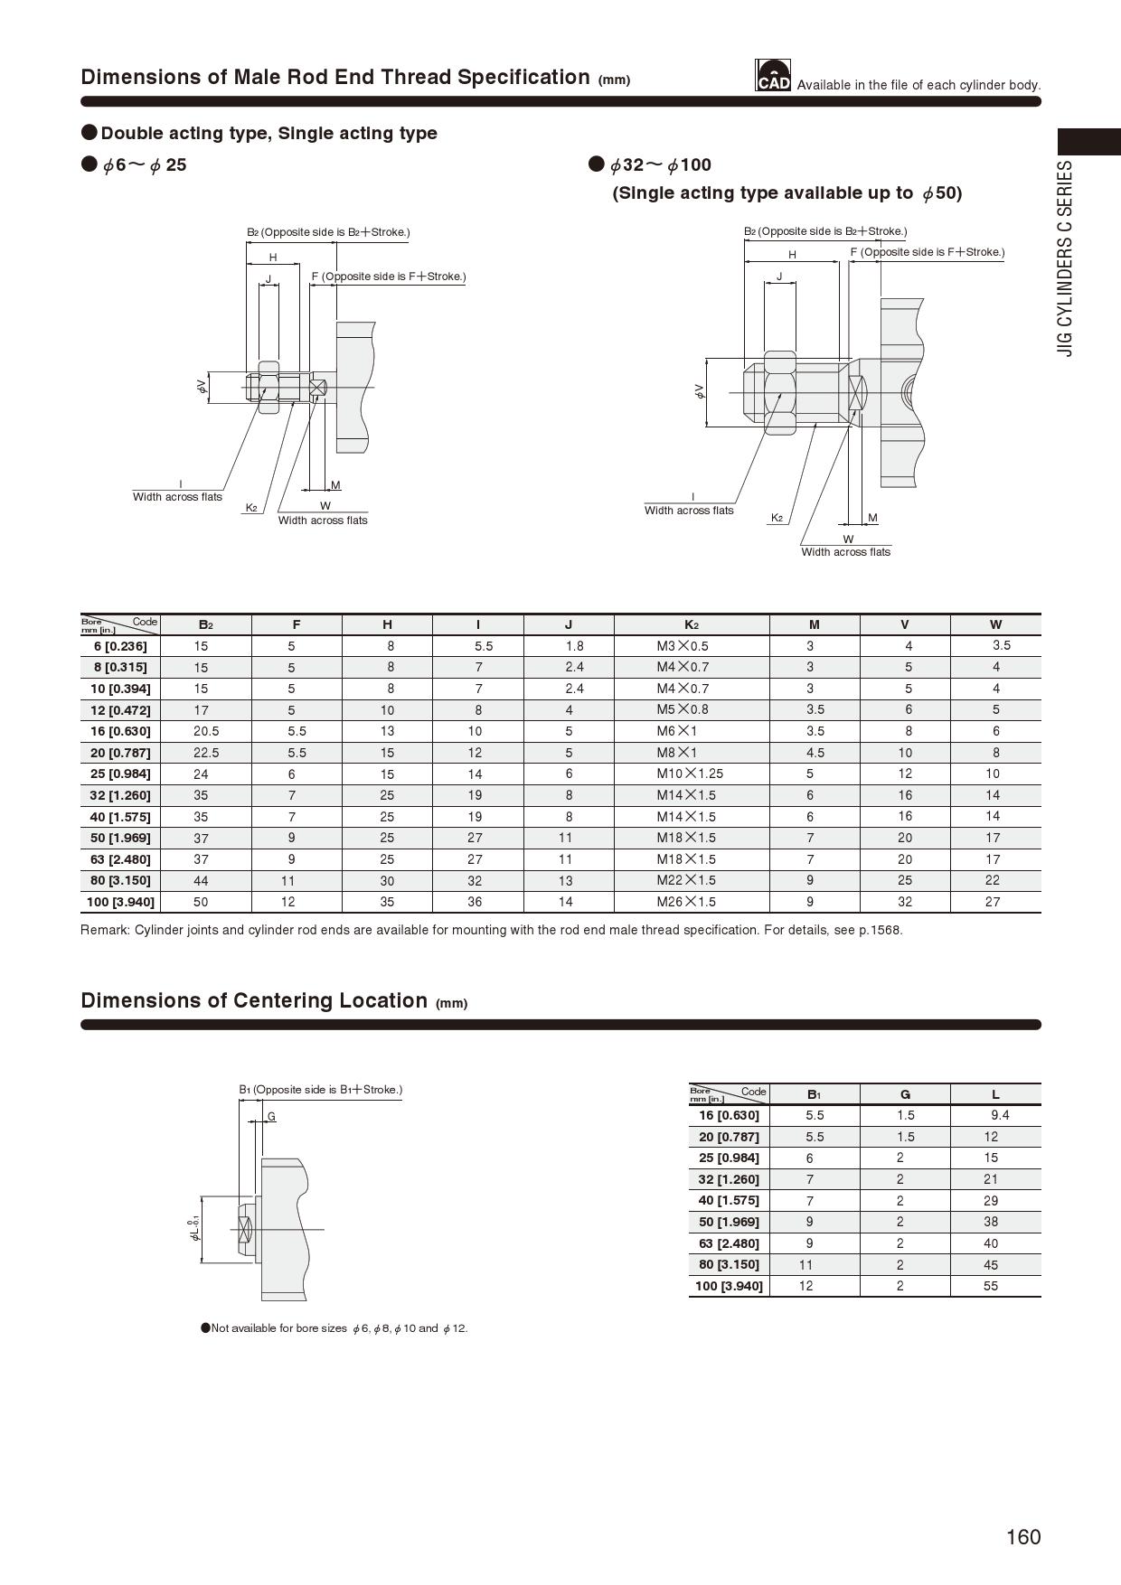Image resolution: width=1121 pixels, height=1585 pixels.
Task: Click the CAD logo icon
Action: [773, 76]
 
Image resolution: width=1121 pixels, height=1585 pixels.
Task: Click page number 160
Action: [1023, 1537]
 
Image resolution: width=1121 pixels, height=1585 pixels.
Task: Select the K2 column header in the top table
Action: [691, 624]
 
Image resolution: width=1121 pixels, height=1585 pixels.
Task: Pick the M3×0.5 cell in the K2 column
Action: [683, 646]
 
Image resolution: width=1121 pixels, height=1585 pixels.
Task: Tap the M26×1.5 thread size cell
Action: [686, 902]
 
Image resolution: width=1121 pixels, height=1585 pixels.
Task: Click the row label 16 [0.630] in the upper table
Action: [120, 731]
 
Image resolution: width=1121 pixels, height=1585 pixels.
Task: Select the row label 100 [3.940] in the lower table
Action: [729, 1286]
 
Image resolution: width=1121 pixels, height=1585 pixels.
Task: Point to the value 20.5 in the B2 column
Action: [206, 731]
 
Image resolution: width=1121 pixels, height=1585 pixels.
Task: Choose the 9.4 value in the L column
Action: [1000, 1115]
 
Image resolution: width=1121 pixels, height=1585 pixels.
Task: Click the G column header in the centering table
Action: [905, 1094]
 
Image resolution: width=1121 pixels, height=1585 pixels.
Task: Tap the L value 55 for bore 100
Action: [991, 1286]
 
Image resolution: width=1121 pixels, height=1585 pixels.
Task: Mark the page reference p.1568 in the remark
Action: [882, 930]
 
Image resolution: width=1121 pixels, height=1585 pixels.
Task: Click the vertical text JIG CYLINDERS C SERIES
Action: [1067, 258]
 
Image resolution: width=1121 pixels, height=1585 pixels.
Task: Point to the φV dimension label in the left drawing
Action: [202, 387]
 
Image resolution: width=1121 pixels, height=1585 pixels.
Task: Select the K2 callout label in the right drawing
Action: [776, 518]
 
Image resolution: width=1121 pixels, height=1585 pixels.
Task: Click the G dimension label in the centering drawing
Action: [271, 1117]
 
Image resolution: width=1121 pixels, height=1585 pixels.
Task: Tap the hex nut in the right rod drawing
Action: [779, 392]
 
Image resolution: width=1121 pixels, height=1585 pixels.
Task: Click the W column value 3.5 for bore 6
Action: [1002, 645]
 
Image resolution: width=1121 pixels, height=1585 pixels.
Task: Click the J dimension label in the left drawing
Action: [268, 279]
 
